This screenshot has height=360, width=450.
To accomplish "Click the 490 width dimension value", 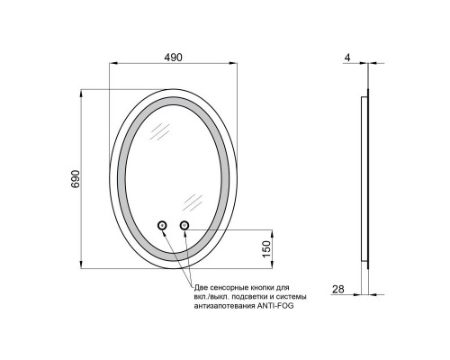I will (174, 57).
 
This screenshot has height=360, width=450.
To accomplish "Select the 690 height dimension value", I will (76, 178).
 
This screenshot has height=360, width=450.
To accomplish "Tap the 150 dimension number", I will (265, 247).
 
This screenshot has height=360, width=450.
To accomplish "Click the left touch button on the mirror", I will (164, 225).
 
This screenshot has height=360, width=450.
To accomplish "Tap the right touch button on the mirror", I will (185, 225).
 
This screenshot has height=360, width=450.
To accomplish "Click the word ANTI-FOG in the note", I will (274, 306).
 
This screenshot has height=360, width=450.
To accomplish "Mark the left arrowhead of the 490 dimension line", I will (112, 65).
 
